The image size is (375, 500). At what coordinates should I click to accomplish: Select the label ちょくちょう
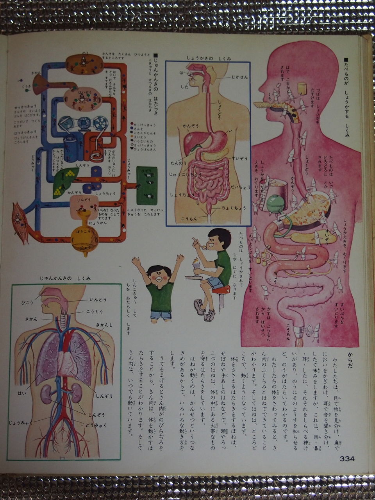pyautogui.click(x=234, y=208)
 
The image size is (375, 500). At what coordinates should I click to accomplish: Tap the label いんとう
pyautogui.click(x=98, y=300)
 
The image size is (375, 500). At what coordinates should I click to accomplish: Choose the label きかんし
pyautogui.click(x=104, y=325)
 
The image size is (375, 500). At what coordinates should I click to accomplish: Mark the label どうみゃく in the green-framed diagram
pyautogui.click(x=96, y=425)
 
